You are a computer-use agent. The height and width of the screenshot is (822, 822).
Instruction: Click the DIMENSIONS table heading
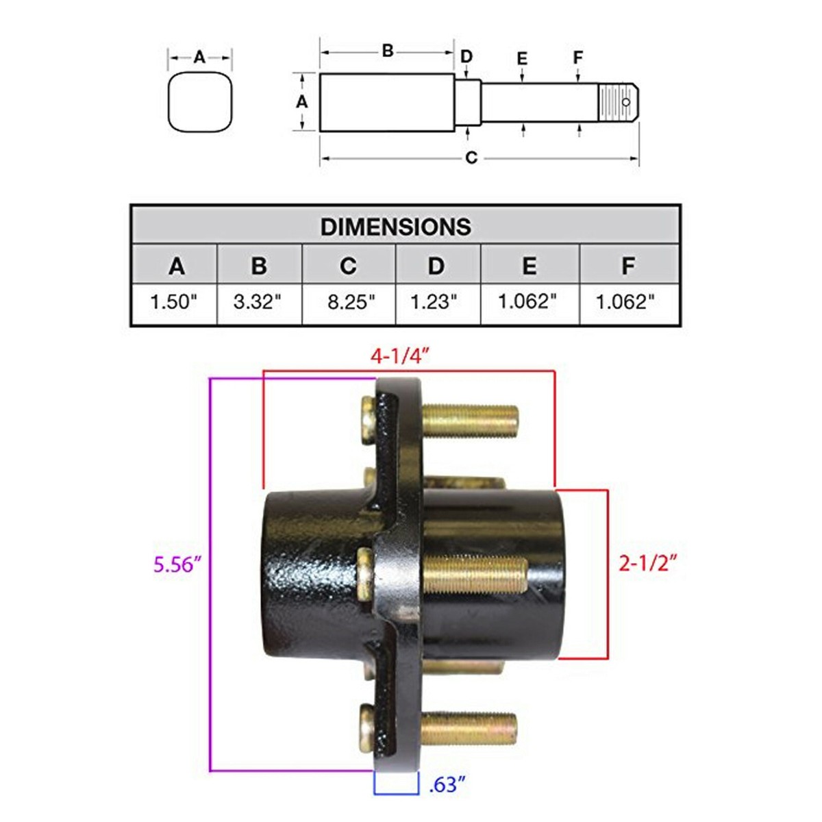(396, 227)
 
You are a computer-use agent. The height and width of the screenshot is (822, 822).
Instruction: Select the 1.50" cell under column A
(173, 302)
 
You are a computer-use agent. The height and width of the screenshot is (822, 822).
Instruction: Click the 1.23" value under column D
(434, 302)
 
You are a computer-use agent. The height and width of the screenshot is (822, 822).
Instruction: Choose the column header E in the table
(529, 266)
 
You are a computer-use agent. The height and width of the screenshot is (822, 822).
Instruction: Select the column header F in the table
(627, 266)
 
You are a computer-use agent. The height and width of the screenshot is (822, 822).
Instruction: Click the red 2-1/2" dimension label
(648, 563)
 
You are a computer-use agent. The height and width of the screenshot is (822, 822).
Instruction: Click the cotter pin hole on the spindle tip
(626, 103)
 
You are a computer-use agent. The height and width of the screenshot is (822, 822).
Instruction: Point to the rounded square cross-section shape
(200, 102)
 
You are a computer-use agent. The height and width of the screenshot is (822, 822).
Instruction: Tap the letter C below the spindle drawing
(471, 158)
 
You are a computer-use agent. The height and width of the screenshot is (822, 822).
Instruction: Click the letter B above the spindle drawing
(388, 51)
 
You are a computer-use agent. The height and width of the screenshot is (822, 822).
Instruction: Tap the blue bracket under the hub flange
(396, 786)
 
